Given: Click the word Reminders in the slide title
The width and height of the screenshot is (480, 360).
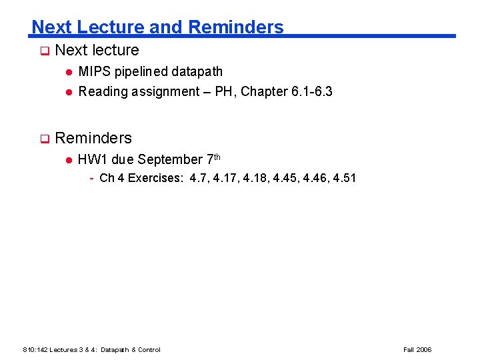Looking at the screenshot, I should (x=236, y=27).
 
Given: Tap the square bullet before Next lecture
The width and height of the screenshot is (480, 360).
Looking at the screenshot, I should (x=44, y=51).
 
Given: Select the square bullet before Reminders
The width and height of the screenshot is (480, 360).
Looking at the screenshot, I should (x=44, y=139).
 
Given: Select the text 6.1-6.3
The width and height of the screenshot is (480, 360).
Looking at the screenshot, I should (x=312, y=91).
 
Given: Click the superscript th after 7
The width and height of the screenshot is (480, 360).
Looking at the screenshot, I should (x=215, y=157).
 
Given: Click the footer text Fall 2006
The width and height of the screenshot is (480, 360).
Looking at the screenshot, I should (x=417, y=349).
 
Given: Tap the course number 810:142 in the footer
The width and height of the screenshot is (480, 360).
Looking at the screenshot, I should (x=34, y=349).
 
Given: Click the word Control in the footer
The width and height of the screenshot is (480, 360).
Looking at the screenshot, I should (x=148, y=349).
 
